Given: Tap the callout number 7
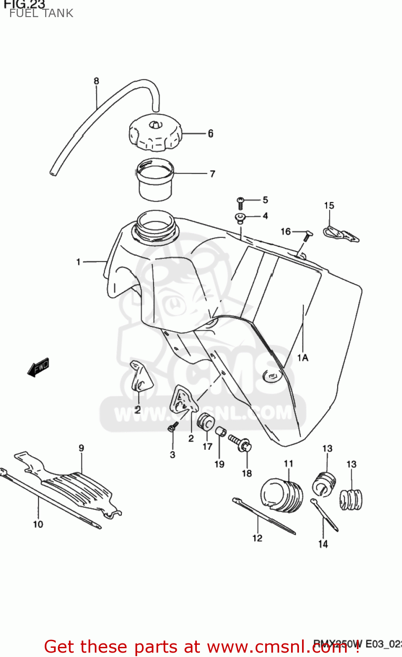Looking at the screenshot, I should pos(212,174).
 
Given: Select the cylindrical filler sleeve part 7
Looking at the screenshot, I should pos(156,180).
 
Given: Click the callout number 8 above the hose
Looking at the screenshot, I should pos(96,81).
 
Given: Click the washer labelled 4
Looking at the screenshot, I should pos(240,216).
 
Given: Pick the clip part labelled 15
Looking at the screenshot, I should pos(341,234).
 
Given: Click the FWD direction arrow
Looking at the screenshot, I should pos(39,367).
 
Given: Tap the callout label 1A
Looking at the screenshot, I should pos(302,358).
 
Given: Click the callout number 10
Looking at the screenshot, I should pos(38,524).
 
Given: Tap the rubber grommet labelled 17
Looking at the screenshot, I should pos(206,421).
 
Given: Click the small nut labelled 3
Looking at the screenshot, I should pos(172,427).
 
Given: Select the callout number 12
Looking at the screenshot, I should pos(257,538).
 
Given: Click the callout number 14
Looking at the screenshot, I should pos(323,544).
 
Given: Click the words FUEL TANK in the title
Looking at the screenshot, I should pos(41,13).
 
